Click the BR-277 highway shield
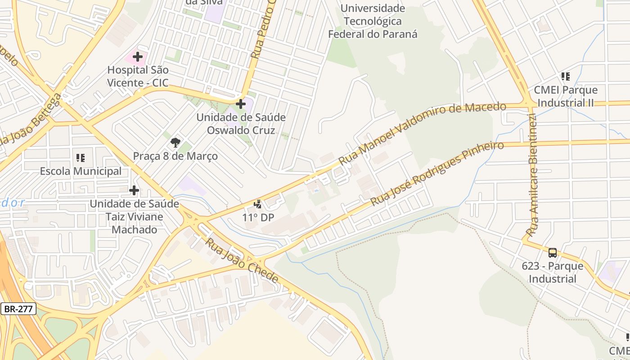(x=18, y=309)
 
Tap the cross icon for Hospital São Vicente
(x=138, y=57)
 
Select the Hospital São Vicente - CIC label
(x=138, y=76)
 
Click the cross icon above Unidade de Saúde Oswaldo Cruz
(x=241, y=104)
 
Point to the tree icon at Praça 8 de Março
(x=175, y=143)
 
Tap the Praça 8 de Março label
(x=175, y=156)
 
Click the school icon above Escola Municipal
(x=81, y=158)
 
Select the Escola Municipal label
(x=81, y=171)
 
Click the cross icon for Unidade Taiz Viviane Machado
(x=134, y=190)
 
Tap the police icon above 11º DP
(x=258, y=204)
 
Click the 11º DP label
(x=258, y=218)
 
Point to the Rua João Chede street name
(x=242, y=261)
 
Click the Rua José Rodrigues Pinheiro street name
(x=436, y=173)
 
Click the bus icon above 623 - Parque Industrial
(x=553, y=253)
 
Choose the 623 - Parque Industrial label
(x=553, y=272)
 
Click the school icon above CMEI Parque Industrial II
(x=566, y=76)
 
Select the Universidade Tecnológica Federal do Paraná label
(x=373, y=21)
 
